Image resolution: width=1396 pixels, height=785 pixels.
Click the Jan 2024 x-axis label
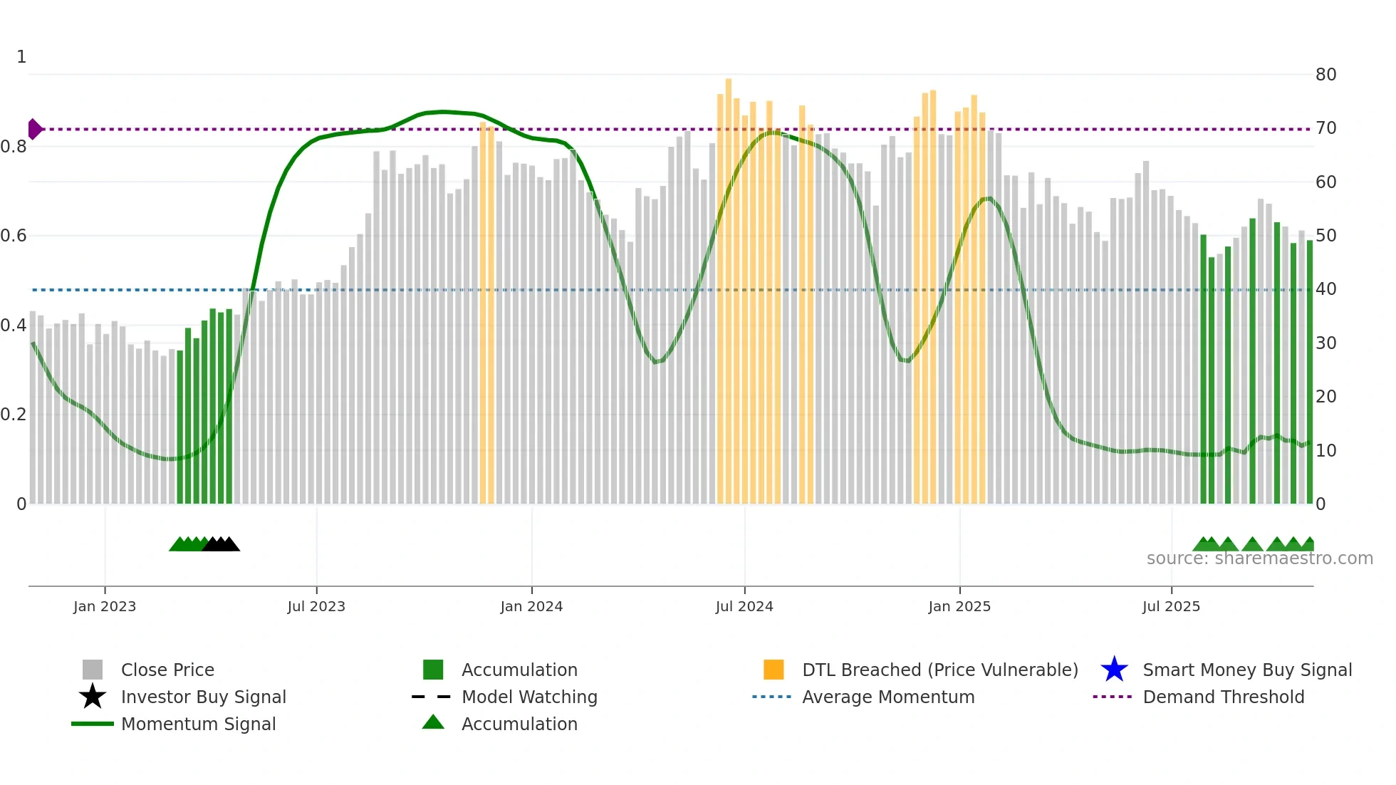pos(531,606)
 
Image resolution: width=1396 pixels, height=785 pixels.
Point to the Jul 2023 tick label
pos(316,606)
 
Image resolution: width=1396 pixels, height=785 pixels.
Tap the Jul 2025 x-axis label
pos(1171,606)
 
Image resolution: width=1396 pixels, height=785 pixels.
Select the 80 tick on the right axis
pos(1325,75)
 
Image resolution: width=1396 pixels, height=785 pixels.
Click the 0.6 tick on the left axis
pos(14,236)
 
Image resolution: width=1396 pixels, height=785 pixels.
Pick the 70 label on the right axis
pos(1325,128)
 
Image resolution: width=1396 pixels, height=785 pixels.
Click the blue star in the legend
pos(1114,670)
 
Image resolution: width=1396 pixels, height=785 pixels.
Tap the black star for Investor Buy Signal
pos(93,697)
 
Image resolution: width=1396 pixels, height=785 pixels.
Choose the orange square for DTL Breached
pos(773,670)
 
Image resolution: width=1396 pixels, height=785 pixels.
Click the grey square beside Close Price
pos(93,670)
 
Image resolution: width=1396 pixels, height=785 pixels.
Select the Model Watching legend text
pos(529,697)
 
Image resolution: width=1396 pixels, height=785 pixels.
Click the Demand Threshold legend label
pos(1223,697)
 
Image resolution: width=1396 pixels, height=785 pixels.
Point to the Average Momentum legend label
pos(888,697)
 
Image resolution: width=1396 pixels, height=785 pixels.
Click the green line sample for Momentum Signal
pos(93,724)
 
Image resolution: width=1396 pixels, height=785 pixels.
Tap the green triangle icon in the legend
pos(433,722)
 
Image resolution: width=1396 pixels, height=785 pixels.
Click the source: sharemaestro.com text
pos(1259,558)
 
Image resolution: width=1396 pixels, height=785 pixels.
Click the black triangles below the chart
pos(222,545)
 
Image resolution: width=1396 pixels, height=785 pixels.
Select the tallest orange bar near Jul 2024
pos(728,285)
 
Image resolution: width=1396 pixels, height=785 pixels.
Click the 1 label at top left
pos(21,57)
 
